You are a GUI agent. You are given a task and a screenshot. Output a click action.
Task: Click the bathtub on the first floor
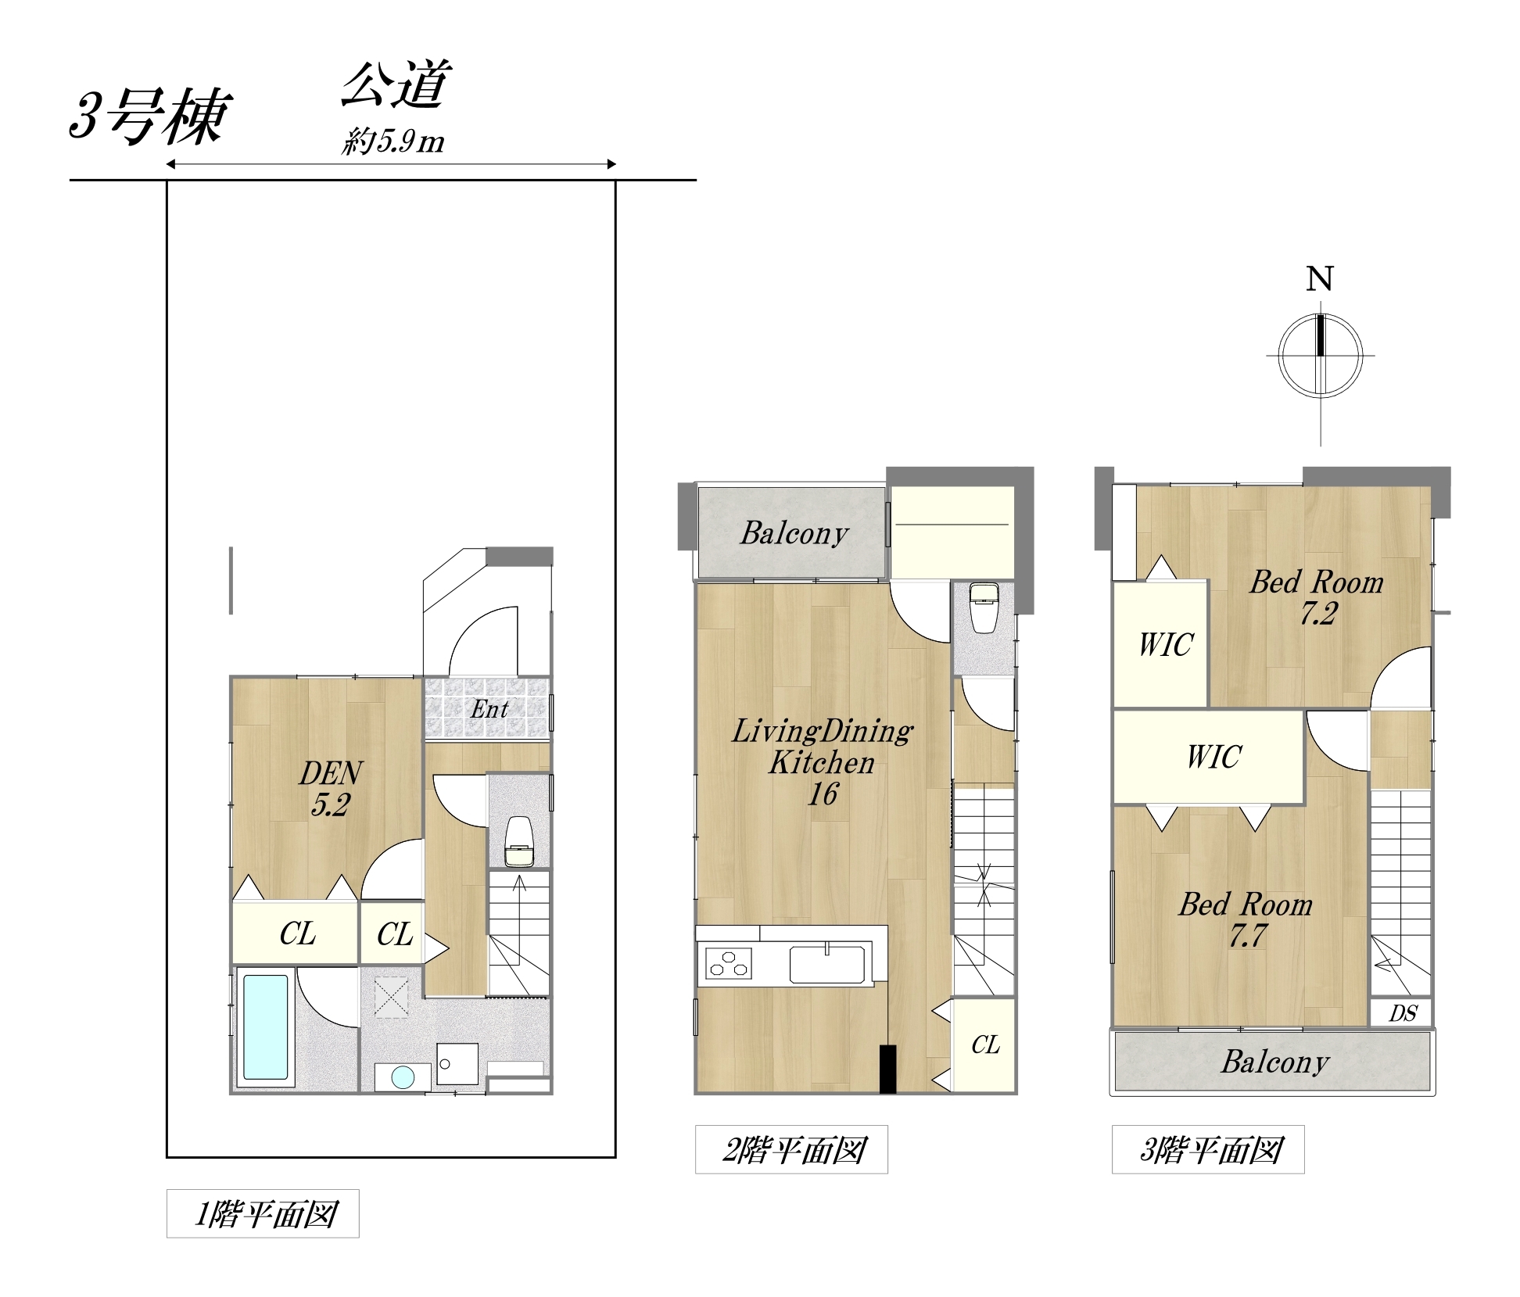(x=265, y=1026)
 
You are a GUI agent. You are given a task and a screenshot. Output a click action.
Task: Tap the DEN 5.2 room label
(x=331, y=789)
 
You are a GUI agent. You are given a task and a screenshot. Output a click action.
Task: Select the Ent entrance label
(x=489, y=709)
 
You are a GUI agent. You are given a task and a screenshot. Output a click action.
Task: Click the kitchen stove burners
(x=728, y=964)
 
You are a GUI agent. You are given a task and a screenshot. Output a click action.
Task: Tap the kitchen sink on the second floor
(x=827, y=964)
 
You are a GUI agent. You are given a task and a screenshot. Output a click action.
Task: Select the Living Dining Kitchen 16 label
(x=823, y=762)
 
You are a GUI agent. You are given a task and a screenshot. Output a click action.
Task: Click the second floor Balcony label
(x=794, y=533)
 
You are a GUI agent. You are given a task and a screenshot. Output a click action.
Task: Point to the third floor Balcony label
(x=1275, y=1062)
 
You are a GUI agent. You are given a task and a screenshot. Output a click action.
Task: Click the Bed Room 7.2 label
(x=1317, y=597)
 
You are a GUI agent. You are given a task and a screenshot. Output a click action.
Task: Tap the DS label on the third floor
(x=1403, y=1014)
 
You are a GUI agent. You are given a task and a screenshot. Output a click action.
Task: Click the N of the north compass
(x=1320, y=279)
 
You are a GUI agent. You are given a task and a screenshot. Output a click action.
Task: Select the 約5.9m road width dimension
(x=393, y=142)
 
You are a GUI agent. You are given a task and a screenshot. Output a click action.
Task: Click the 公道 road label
(x=396, y=84)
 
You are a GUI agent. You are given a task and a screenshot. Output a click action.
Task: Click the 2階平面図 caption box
(x=791, y=1149)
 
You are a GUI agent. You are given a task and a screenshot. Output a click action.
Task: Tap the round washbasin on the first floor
(x=403, y=1077)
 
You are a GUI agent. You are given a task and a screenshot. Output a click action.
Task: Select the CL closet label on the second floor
(x=985, y=1045)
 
